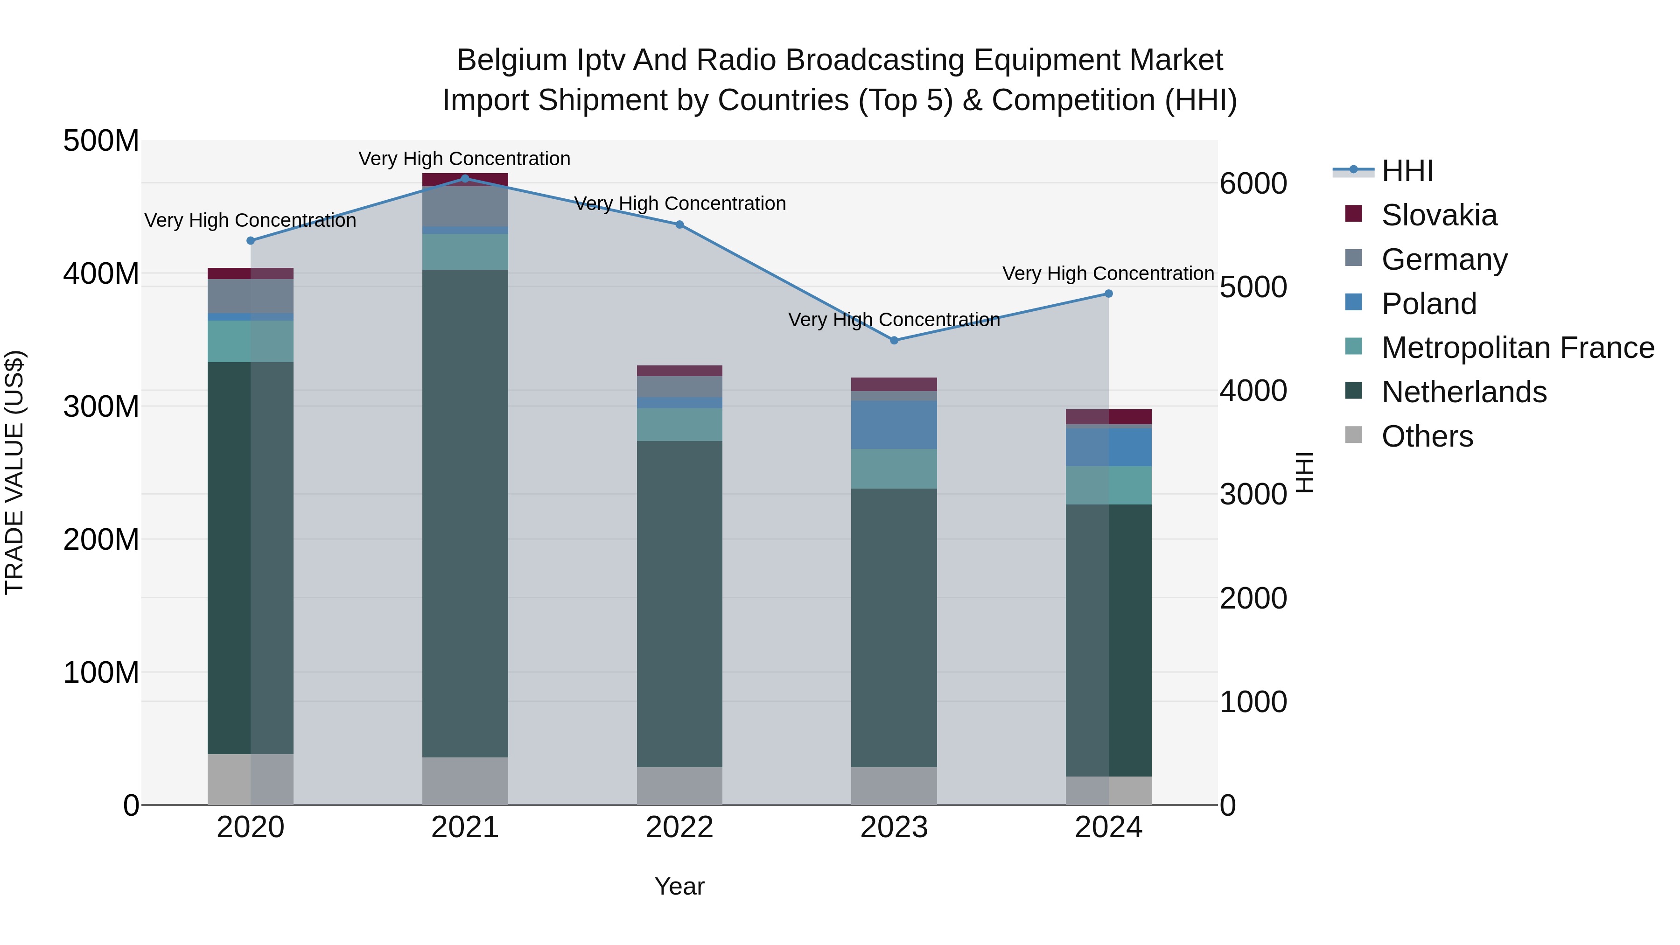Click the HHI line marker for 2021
[465, 178]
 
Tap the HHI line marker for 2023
[894, 341]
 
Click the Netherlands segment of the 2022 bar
[679, 603]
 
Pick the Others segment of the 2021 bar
[465, 781]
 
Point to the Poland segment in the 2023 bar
[894, 425]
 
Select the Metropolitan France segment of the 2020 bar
[251, 341]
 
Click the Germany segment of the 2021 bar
[465, 206]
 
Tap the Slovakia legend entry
[1439, 215]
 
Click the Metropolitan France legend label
[1518, 348]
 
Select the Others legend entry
[1427, 436]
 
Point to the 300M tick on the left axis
[101, 406]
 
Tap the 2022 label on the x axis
[679, 827]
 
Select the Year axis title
[679, 886]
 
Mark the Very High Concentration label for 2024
[1108, 273]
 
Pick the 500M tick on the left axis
[101, 141]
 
